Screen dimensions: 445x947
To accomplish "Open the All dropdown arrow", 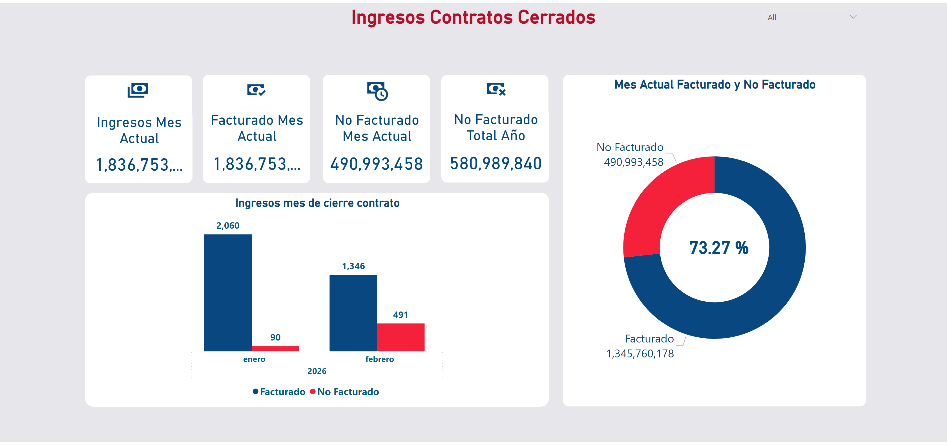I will [853, 17].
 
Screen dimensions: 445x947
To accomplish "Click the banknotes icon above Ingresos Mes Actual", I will [138, 90].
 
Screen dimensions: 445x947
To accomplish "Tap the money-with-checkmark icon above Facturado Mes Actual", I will [256, 90].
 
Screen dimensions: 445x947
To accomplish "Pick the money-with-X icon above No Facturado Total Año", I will [496, 89].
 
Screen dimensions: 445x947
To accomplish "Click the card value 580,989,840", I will [495, 164].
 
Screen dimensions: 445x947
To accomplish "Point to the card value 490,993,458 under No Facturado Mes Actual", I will [377, 164].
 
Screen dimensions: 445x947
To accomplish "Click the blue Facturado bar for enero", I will [228, 293].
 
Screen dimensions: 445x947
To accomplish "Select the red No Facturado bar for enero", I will [275, 348].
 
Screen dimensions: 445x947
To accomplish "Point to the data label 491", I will [400, 315].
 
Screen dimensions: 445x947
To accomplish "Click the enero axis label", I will [254, 359].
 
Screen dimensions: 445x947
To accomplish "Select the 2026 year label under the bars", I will [317, 371].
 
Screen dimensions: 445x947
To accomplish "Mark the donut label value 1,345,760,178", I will [640, 353].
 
